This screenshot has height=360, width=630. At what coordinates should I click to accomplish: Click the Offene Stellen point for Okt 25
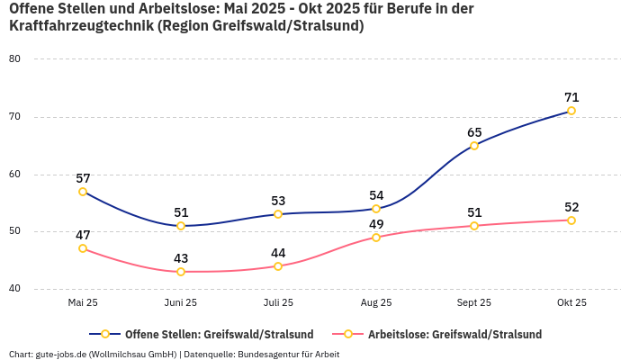tap(571, 111)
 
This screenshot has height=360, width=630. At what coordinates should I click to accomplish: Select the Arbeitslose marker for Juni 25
tap(181, 272)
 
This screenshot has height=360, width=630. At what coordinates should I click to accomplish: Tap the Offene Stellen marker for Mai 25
tap(83, 192)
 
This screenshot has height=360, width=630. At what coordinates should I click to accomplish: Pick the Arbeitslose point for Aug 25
tap(376, 238)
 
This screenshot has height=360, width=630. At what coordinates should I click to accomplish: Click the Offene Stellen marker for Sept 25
tap(474, 146)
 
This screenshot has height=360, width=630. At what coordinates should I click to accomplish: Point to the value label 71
tap(571, 97)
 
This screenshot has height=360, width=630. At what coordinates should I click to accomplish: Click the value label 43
tap(181, 258)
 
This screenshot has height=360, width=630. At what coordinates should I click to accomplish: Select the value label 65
tap(474, 132)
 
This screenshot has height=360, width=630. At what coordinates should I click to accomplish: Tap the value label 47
tap(83, 235)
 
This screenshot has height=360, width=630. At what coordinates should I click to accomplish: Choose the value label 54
tap(376, 195)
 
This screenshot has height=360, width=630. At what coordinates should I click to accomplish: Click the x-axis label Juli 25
tap(278, 303)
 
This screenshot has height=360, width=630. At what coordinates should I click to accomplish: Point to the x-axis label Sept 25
tap(474, 303)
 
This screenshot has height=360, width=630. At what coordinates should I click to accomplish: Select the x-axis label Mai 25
tap(83, 303)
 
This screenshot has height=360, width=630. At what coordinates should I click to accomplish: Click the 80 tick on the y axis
tap(14, 59)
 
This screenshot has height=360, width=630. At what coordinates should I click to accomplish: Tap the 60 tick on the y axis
tap(14, 175)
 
